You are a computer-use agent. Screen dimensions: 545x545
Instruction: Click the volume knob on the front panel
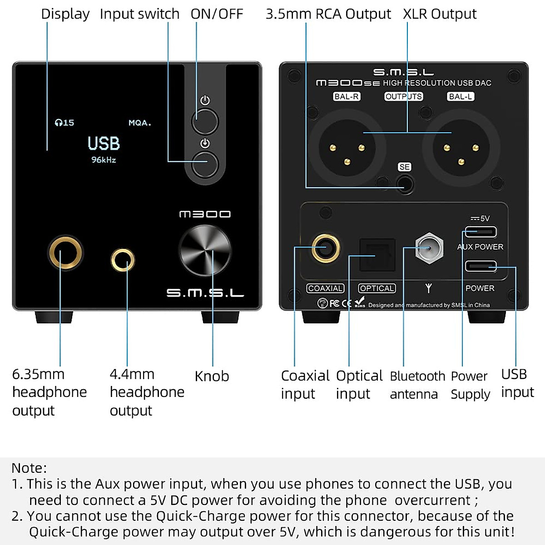[x=205, y=251]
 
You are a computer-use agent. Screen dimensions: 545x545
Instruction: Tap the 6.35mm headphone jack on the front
[x=65, y=252]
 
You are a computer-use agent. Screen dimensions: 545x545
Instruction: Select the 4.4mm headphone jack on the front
[x=123, y=260]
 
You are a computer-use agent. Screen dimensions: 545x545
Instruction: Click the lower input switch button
[x=205, y=164]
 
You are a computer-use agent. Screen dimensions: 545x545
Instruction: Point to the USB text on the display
[x=104, y=144]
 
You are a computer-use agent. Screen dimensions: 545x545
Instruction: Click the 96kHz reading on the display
[x=104, y=160]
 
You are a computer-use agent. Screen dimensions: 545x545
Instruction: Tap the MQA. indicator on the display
[x=139, y=123]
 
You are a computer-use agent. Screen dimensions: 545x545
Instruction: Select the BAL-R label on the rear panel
[x=347, y=96]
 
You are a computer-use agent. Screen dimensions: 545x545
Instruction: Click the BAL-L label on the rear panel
[x=461, y=96]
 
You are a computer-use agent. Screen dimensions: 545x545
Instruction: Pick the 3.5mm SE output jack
[x=405, y=184]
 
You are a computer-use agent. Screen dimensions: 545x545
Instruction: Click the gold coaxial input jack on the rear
[x=326, y=248]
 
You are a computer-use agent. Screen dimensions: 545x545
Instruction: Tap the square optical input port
[x=377, y=255]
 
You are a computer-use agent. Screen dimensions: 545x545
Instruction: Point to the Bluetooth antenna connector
[x=429, y=248]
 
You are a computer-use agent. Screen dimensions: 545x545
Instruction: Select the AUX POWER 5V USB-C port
[x=480, y=232]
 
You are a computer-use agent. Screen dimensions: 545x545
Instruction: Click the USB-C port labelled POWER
[x=481, y=266]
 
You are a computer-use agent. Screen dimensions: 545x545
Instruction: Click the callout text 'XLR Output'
[x=440, y=14]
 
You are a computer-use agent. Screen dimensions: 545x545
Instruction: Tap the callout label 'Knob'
[x=212, y=376]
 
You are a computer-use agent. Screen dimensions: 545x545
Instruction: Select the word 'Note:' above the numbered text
[x=29, y=468]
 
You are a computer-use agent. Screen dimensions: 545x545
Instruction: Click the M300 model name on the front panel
[x=205, y=214]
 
